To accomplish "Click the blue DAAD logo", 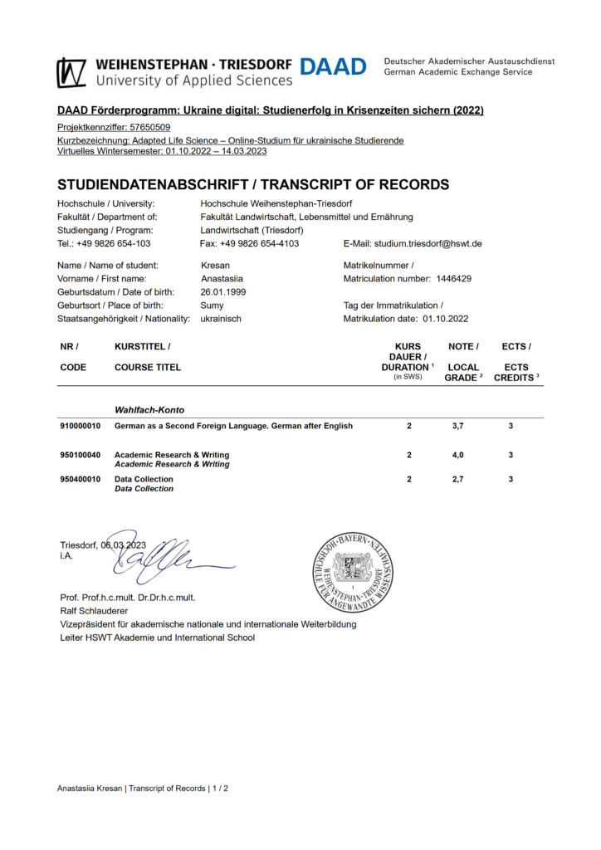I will tap(332, 67).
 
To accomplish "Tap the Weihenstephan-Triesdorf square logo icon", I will tap(71, 72).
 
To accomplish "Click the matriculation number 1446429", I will tap(454, 279).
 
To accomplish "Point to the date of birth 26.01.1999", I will tap(223, 292).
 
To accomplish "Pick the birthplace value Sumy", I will tap(212, 305).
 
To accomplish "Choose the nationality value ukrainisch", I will tap(221, 319).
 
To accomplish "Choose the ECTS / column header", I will tap(516, 346).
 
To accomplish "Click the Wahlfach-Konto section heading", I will tap(149, 409).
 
